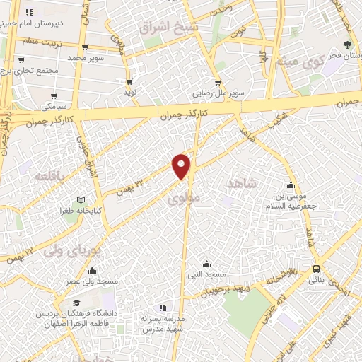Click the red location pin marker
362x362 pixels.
coord(182,165)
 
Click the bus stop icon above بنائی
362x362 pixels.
coord(315,269)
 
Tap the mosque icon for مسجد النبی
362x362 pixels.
coord(206,263)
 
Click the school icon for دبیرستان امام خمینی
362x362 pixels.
coord(29,13)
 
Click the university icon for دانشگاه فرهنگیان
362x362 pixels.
coord(76,303)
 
